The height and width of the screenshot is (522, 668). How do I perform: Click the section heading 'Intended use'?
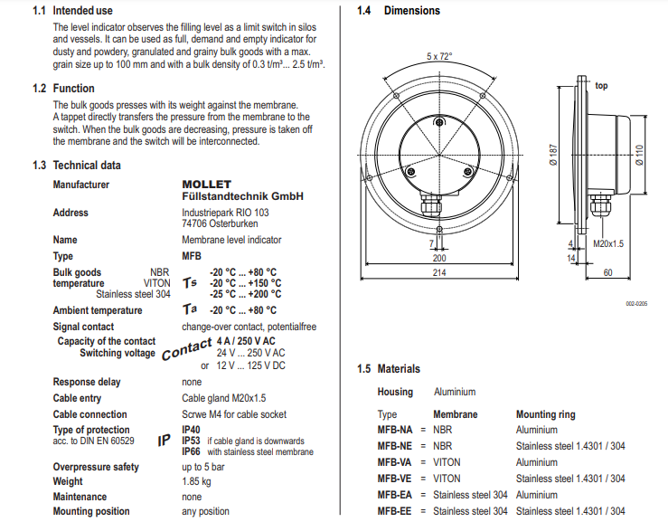tap(82, 11)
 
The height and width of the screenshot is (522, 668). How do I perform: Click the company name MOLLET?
tap(206, 185)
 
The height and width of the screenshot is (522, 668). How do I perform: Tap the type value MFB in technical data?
tap(192, 256)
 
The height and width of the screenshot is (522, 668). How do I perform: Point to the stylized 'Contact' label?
tap(186, 347)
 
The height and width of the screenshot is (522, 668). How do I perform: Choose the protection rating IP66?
tap(191, 451)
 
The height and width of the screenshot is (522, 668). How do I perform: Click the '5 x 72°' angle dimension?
tap(439, 56)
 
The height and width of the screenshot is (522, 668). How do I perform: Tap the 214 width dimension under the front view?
tap(439, 272)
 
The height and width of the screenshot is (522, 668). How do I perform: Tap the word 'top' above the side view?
tap(601, 85)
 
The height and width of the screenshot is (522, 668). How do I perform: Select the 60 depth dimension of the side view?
tap(607, 272)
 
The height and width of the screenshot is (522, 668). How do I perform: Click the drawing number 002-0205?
tap(636, 305)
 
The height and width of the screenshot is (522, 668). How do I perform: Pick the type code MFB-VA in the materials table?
tap(394, 462)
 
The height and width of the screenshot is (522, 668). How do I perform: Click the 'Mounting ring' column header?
tap(545, 414)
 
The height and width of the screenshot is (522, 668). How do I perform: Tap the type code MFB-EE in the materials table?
tap(394, 511)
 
